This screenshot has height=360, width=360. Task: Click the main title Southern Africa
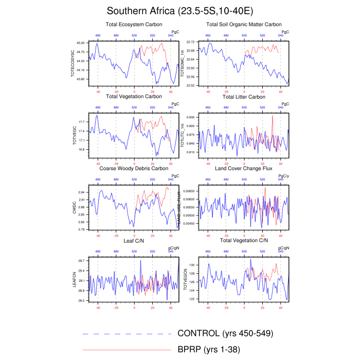179,11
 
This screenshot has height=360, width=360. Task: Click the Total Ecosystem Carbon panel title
134,24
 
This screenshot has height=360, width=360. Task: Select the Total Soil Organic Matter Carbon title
244,24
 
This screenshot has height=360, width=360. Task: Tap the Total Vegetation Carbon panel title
134,97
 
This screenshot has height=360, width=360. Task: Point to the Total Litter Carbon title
244,97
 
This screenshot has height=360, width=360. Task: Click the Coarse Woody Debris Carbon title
134,169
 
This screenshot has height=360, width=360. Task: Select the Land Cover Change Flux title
244,169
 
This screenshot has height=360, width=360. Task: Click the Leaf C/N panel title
134,241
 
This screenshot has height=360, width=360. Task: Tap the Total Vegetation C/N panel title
244,241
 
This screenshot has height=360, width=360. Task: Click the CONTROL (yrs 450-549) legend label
225,333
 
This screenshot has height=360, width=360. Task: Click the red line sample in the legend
127,350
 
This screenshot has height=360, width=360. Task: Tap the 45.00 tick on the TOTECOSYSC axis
82,43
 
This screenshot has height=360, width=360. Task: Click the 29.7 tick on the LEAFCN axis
83,262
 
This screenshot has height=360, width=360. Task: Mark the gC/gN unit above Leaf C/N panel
173,248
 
